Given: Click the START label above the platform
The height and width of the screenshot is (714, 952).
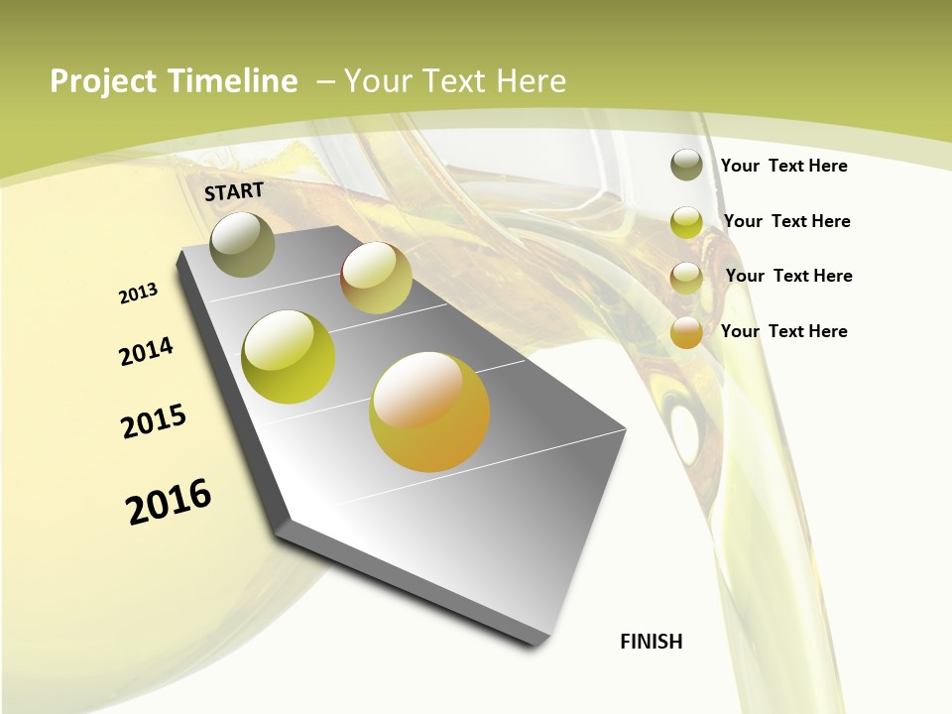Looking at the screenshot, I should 234,191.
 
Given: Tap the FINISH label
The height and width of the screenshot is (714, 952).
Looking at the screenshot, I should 652,642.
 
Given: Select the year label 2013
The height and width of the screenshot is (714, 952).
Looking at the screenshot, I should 139,293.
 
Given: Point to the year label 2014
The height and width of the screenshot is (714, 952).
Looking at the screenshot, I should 147,351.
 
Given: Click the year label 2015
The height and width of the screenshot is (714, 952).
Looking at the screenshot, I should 154,421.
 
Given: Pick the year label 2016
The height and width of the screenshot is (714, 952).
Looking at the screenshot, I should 169,501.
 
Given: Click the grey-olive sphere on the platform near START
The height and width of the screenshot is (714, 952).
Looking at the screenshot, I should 243,244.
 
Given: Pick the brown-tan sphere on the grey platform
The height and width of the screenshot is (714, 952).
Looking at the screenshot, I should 376,278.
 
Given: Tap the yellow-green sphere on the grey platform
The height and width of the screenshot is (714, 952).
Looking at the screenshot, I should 289,357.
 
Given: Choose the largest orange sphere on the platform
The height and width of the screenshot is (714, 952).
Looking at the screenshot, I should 429,412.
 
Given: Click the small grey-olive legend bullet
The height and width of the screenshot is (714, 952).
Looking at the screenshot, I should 686,165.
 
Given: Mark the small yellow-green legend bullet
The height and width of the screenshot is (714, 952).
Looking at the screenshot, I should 686,221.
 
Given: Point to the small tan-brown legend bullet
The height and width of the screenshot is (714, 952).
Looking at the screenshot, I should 686,277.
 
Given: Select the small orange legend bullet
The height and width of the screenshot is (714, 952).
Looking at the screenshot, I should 686,332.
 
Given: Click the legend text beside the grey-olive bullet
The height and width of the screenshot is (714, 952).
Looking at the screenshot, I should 783,166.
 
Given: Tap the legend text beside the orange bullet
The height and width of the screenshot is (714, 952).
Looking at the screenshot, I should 783,331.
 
